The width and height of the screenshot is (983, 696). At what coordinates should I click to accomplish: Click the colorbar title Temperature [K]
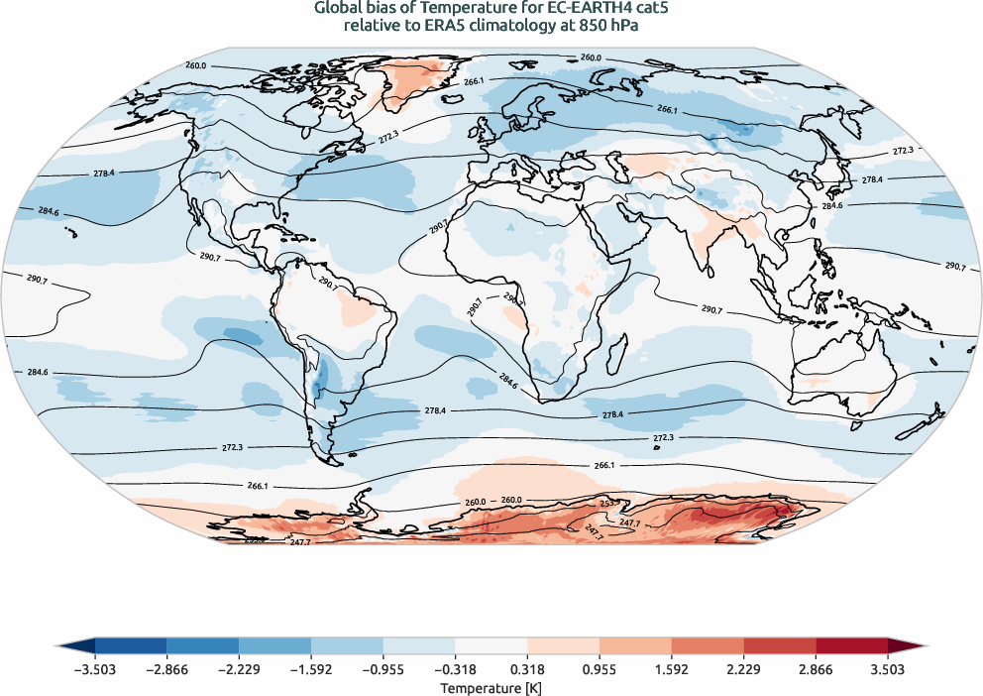pyautogui.click(x=491, y=687)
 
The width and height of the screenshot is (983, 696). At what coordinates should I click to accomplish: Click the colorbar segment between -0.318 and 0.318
pyautogui.click(x=491, y=646)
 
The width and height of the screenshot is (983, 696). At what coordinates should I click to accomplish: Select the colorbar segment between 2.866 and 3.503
pyautogui.click(x=851, y=646)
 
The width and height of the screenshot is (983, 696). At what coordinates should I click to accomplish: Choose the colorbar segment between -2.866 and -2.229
pyautogui.click(x=203, y=646)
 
